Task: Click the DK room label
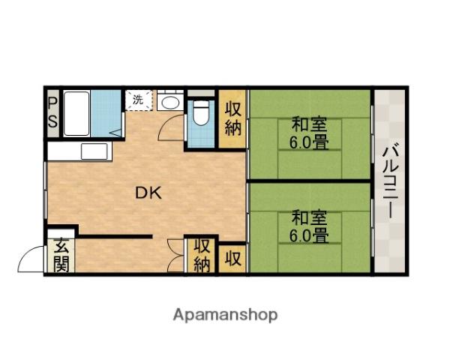point(148,193)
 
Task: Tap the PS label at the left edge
point(53,112)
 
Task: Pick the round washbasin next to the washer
point(170,103)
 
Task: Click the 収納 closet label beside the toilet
point(232,117)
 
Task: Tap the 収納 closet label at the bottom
point(202,255)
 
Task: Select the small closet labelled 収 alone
point(233,259)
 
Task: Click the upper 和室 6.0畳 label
point(309,132)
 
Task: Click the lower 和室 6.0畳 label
point(309,226)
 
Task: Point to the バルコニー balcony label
point(390,182)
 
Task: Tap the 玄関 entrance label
point(59,256)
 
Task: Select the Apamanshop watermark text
point(225,314)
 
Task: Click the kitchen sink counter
point(79,150)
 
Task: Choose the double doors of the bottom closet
point(177,256)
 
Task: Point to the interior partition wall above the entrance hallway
point(112,236)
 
